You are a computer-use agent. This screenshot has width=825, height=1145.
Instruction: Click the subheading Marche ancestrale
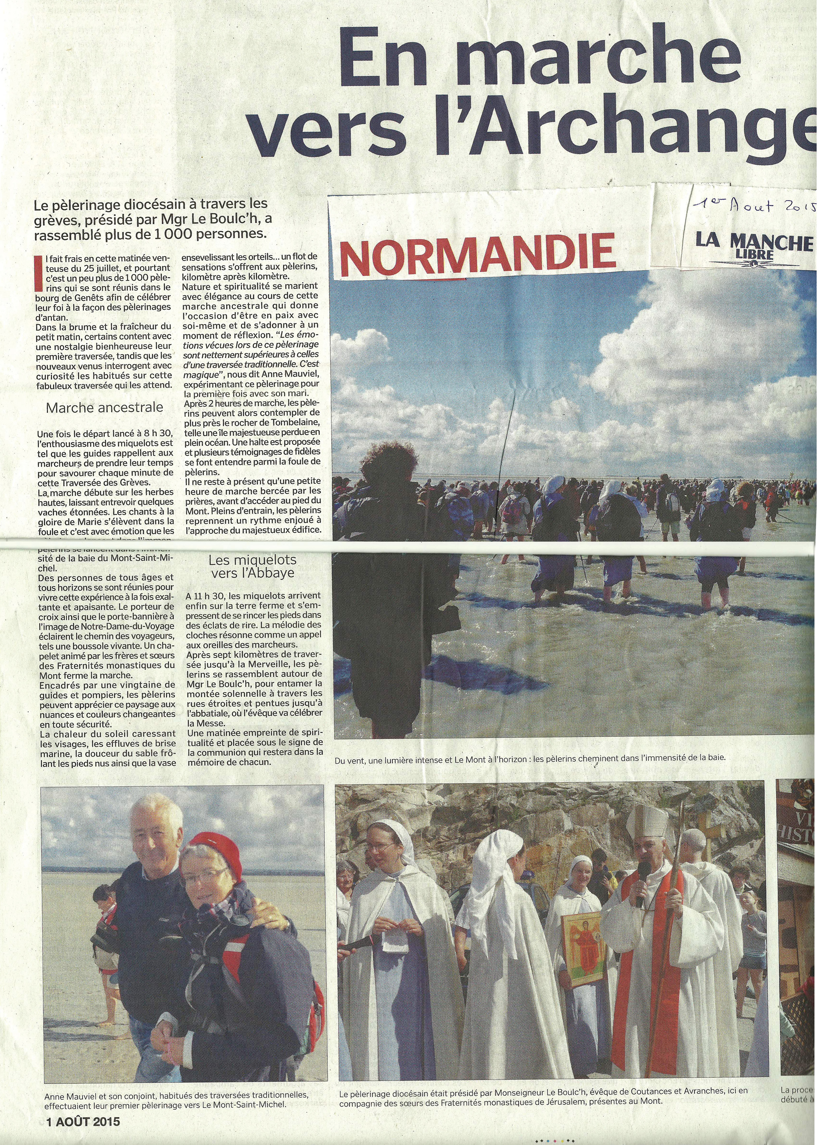coord(105,408)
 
